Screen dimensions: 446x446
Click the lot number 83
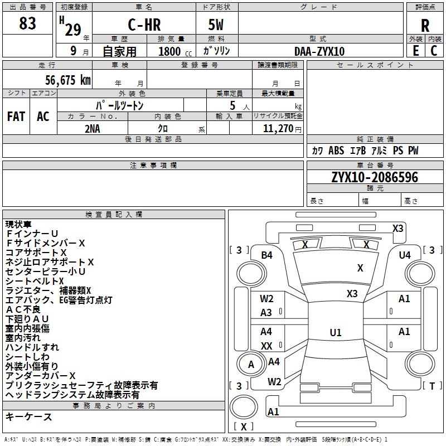tap(27, 24)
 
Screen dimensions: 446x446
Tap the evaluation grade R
tap(425, 26)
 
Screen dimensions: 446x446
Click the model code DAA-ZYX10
tap(319, 51)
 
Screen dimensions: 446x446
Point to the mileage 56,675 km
tap(61, 80)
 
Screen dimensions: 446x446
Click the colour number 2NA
tap(93, 128)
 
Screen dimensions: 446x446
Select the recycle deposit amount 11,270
tap(278, 128)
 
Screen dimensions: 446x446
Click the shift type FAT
tap(16, 117)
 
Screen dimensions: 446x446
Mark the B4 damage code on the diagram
tap(267, 255)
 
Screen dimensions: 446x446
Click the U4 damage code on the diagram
tap(405, 255)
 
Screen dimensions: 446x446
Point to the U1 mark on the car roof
tap(336, 333)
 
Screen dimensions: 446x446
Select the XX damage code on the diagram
tap(266, 346)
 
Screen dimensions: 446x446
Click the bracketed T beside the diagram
tap(433, 386)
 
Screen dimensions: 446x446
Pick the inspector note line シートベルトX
tap(35, 281)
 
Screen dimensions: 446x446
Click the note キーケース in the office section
tap(28, 416)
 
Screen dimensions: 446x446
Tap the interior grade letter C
tap(434, 51)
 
